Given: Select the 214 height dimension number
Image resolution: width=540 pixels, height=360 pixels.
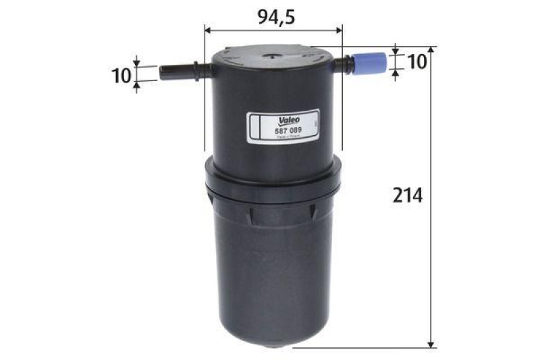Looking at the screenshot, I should (407, 197).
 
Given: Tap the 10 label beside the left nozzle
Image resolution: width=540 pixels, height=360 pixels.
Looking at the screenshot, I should (121, 74).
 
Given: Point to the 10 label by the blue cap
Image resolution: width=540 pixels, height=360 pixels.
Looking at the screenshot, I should (416, 61).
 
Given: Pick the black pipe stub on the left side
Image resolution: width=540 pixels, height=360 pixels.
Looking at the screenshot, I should (177, 71).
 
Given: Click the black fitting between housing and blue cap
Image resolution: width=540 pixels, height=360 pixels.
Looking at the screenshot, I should (344, 66).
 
